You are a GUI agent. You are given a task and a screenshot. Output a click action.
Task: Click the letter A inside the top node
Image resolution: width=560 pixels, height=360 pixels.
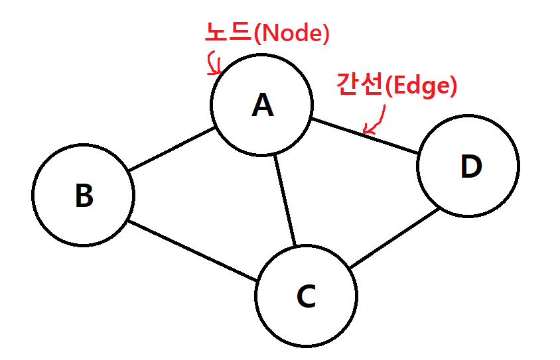[x=263, y=105]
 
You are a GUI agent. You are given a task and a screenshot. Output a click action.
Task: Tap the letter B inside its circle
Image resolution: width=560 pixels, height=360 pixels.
[x=84, y=196]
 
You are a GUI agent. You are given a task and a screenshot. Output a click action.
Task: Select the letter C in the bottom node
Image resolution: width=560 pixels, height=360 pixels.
[x=306, y=296]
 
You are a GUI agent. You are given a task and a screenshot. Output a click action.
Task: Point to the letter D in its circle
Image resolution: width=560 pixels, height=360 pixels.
[x=470, y=167]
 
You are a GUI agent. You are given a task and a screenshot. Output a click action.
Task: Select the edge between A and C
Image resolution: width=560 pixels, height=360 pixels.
[x=285, y=201]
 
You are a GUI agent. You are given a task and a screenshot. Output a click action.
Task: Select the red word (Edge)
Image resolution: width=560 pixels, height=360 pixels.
[x=421, y=87]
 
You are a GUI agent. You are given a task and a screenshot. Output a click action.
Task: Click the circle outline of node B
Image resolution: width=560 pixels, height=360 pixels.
[x=34, y=194]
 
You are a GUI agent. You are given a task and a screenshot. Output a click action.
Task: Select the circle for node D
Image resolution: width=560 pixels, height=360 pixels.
[x=519, y=166]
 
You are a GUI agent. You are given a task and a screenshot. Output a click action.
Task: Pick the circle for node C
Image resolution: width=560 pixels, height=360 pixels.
[x=356, y=296]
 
